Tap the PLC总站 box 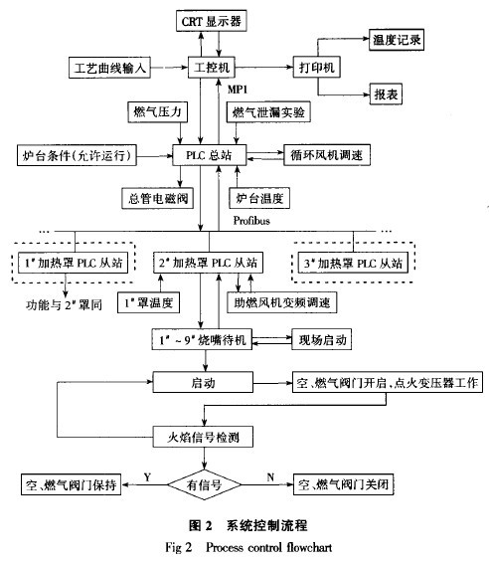click(209, 156)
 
